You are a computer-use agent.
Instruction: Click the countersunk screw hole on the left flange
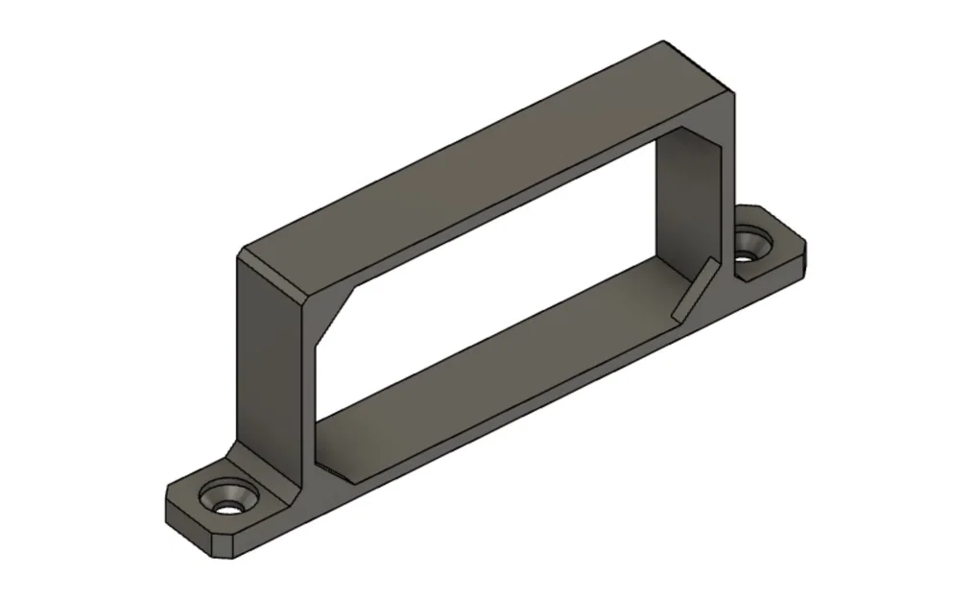click(x=229, y=500)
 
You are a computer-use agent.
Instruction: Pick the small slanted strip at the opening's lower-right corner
click(x=693, y=288)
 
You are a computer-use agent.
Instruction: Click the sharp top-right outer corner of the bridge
click(x=734, y=96)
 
